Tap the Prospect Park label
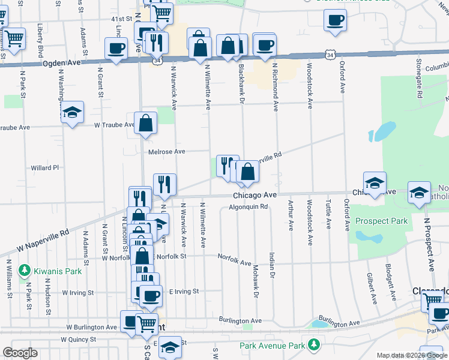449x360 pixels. (x=381, y=221)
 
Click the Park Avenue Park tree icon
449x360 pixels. (x=313, y=345)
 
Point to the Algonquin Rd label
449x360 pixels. (x=247, y=207)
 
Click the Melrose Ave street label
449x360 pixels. (x=167, y=152)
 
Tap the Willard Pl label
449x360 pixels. (x=45, y=168)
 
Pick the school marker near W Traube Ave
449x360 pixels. (x=72, y=112)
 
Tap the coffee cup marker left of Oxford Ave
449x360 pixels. (x=335, y=20)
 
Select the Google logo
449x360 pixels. (x=20, y=353)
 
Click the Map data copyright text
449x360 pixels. (x=412, y=355)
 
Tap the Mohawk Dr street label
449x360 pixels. (x=256, y=281)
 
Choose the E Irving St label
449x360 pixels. (x=184, y=292)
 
